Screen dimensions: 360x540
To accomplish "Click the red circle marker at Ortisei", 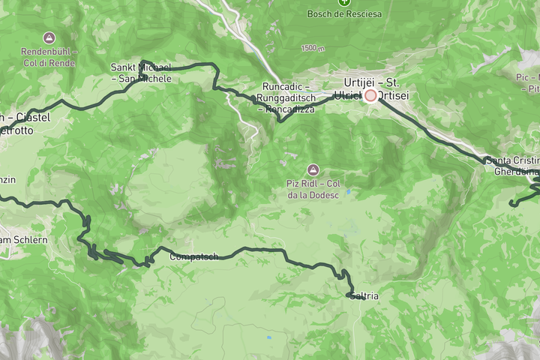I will pos(370,95).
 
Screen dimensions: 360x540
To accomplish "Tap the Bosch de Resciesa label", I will pos(344,13).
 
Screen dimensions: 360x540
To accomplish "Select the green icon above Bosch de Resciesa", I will pos(343,2).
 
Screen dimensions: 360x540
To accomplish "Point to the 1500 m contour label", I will pos(311,48).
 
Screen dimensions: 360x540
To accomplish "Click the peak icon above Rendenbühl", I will pos(49,37).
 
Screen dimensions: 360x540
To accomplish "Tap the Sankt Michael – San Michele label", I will pos(141,73).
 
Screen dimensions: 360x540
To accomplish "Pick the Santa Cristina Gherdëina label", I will pos(513,165).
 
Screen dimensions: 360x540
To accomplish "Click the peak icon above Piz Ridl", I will pos(313,169).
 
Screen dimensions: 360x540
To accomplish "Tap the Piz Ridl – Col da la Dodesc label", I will pos(313,190).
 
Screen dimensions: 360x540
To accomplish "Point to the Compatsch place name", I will pos(193,257).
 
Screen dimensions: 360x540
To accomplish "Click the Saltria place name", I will pos(364,297).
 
